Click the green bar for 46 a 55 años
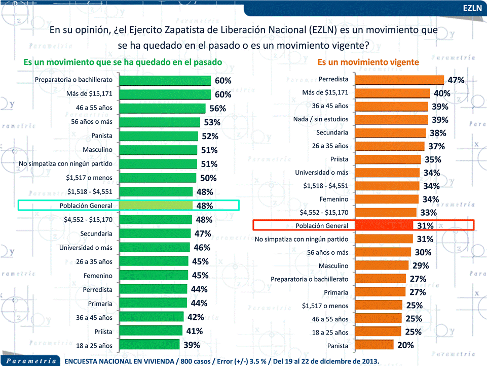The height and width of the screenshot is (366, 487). point(162,108)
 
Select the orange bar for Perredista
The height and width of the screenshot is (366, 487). point(399,80)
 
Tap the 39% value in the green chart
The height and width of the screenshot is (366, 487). point(192,345)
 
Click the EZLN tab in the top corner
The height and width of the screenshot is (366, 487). point(472,8)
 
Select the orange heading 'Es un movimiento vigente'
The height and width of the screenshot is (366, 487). point(368,62)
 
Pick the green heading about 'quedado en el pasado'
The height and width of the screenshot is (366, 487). point(123,62)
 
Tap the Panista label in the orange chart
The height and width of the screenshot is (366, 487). point(337,346)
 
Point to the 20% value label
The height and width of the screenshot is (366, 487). point(405,346)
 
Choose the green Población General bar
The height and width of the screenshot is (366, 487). point(156,206)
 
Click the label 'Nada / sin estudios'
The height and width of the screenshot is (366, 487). point(321,120)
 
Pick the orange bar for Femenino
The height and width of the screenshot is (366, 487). point(387,199)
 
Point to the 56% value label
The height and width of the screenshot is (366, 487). point(218,109)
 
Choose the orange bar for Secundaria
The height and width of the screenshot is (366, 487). point(390,133)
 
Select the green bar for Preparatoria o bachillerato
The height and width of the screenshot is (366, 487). point(165,80)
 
